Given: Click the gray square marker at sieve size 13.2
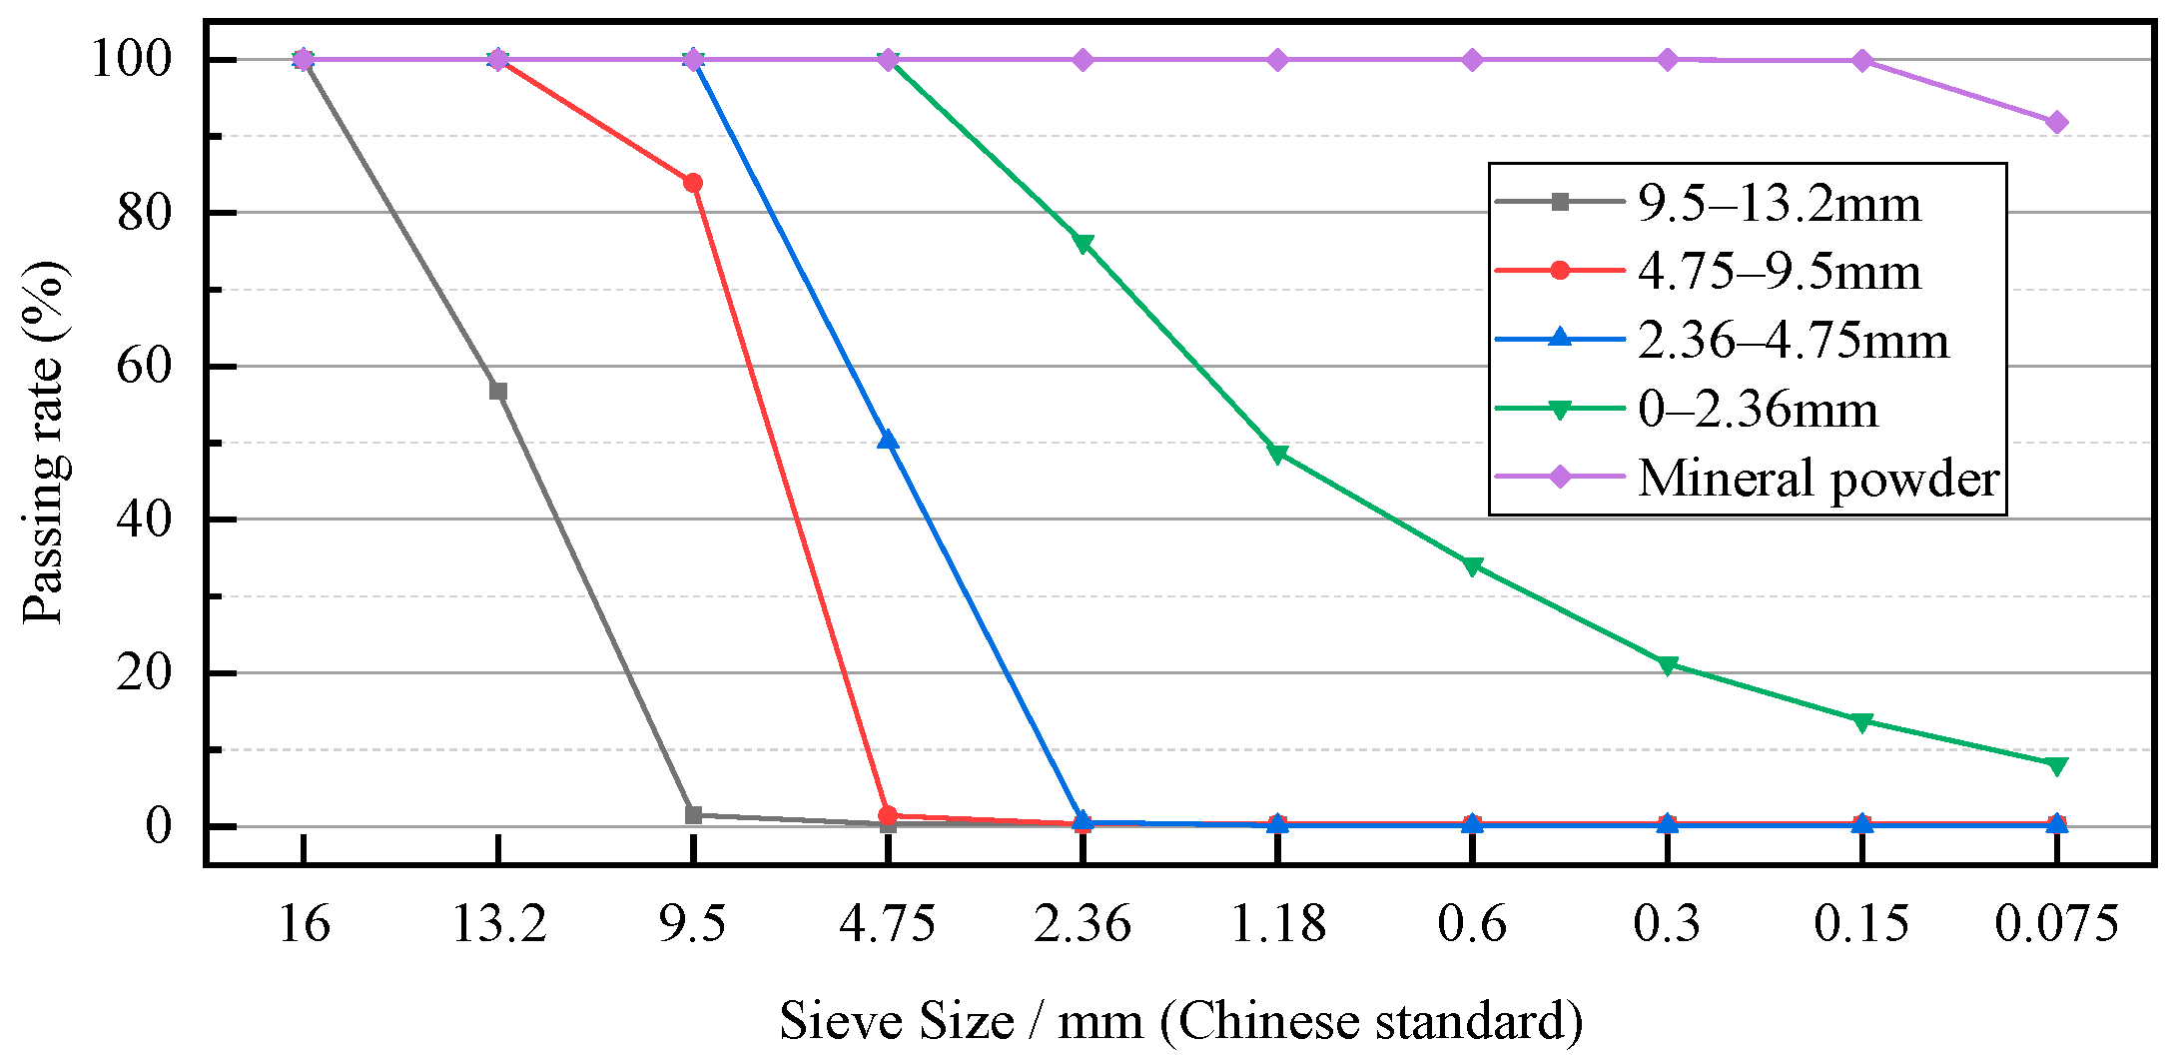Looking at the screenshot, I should (x=498, y=391).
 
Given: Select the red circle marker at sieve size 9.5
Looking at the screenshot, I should (x=693, y=183).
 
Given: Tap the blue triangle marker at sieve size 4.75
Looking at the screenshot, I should (x=888, y=440).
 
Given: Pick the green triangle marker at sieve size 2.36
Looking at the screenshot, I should (x=1083, y=244).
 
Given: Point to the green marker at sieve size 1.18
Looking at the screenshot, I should (x=1277, y=455).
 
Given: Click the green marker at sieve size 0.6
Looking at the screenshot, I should (x=1472, y=566).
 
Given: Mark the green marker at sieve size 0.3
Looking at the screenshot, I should (x=1667, y=665).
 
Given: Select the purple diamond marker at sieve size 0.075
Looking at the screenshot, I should (x=2056, y=123).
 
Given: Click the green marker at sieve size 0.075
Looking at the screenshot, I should (x=2056, y=766).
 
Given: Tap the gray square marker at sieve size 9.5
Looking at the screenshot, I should (x=693, y=815).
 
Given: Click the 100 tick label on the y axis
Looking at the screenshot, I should (x=132, y=60).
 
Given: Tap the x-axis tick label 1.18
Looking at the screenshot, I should (x=1277, y=924).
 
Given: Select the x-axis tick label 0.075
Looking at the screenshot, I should (x=2056, y=924).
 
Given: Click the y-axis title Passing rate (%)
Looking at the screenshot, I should (x=44, y=443).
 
